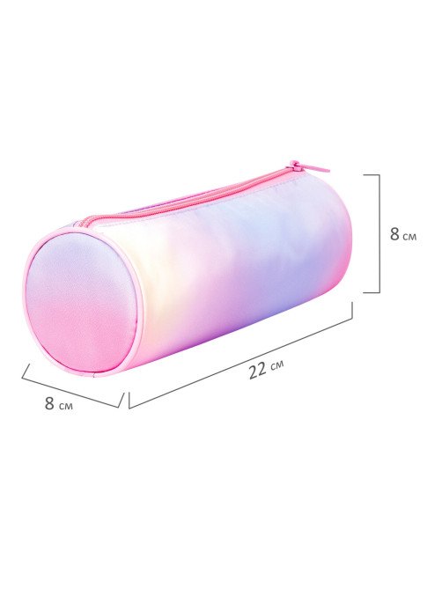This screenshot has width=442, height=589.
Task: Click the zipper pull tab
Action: [x=309, y=166]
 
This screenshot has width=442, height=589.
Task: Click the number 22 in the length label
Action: [x=258, y=371]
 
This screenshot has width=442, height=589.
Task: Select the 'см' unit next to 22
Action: [x=276, y=364]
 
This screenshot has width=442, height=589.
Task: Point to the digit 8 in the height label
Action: [x=394, y=234]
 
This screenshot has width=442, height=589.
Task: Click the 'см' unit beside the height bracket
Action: [x=409, y=237]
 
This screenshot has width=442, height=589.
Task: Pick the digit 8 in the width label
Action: [x=49, y=403]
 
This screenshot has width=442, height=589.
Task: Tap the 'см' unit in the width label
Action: [x=66, y=406]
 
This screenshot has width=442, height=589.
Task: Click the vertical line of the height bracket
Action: [x=379, y=233]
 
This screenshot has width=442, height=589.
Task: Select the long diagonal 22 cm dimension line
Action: [x=240, y=363]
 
